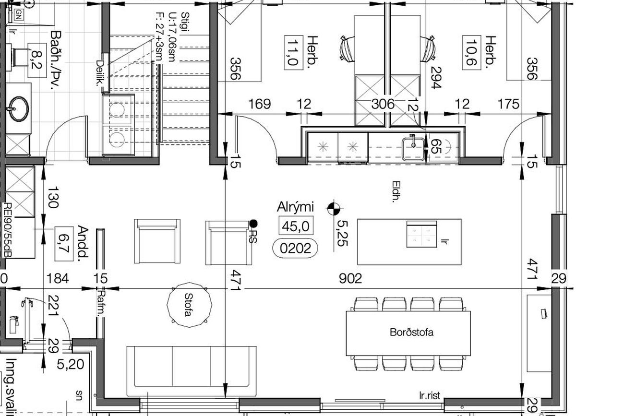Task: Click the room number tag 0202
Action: (295, 248)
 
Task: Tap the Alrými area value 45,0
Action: (296, 226)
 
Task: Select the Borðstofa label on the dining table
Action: (411, 332)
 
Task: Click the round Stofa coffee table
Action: (190, 305)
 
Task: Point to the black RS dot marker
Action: (253, 223)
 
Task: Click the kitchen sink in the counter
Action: (413, 149)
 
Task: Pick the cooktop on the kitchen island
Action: (421, 234)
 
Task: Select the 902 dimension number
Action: (350, 278)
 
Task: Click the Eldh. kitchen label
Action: (396, 192)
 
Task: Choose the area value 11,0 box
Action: (293, 53)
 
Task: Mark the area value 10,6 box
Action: (471, 53)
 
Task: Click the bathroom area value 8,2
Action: (37, 61)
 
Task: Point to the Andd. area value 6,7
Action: (64, 244)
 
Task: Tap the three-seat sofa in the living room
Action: (192, 371)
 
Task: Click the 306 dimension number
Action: (383, 104)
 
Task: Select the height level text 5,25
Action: (342, 233)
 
